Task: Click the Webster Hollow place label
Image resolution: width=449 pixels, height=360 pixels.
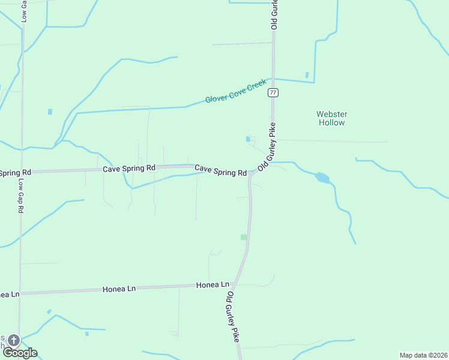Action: tap(332, 118)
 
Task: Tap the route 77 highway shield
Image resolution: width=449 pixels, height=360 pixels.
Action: tap(274, 92)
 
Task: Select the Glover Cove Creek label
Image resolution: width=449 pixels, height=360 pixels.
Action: tap(235, 91)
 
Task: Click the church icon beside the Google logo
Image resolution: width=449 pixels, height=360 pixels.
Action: tap(13, 341)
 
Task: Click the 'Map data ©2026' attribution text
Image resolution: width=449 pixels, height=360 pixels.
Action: tap(423, 355)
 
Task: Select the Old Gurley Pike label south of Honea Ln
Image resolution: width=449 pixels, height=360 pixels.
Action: tap(232, 317)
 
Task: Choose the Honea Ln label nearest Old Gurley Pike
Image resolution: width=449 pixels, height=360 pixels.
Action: tap(212, 284)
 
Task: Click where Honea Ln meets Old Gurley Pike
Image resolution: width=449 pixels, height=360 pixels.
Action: tap(235, 284)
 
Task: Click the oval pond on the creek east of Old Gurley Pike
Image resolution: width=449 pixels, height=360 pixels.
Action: tap(322, 178)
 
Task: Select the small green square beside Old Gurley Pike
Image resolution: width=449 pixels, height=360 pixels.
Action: tap(244, 237)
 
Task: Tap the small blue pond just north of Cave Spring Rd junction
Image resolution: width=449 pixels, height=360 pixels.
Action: tap(248, 140)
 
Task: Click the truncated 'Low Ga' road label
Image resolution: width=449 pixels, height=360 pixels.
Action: tap(24, 11)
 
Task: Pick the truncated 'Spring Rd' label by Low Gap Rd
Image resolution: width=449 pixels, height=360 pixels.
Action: tap(11, 173)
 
